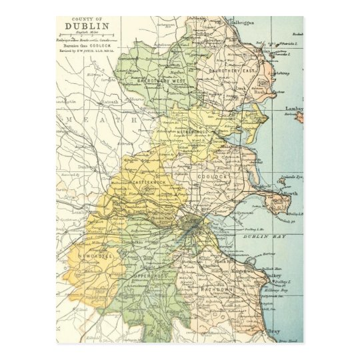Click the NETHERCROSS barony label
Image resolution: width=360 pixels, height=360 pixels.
click(194, 132)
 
